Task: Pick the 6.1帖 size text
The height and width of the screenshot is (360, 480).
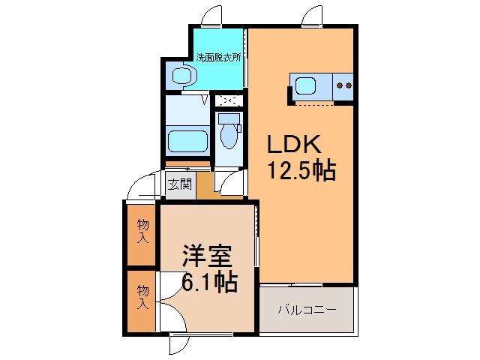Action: [210, 282]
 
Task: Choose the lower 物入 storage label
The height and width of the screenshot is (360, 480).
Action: [142, 297]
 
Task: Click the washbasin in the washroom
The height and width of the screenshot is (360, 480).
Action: [181, 75]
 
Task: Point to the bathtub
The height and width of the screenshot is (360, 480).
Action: [188, 141]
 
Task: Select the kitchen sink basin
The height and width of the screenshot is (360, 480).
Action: [308, 85]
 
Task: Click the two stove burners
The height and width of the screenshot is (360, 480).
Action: [344, 85]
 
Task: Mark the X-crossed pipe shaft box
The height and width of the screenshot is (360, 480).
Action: [228, 100]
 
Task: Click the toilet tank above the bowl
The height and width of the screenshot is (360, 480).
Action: [229, 118]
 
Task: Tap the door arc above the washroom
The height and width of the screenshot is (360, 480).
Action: [212, 16]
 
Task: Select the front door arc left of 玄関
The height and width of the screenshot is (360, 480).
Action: [142, 187]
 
